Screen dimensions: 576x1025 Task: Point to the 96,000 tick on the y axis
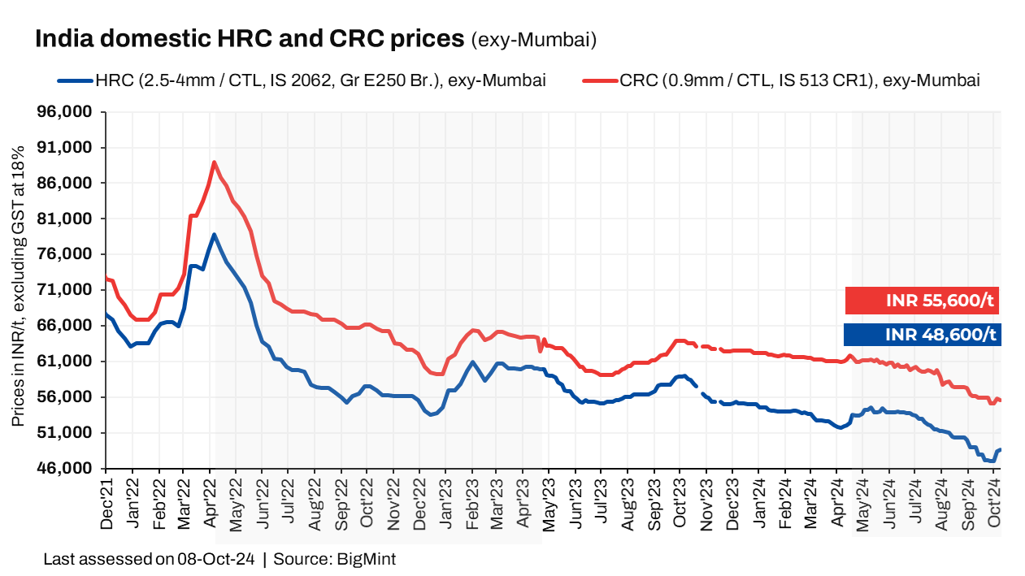coord(71,111)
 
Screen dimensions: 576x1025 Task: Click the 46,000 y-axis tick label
coord(71,469)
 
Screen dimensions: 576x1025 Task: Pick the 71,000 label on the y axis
coord(71,290)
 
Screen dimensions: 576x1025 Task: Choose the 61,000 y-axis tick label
coord(71,362)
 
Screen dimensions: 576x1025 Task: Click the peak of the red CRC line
coord(214,162)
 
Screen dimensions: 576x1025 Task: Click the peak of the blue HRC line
coord(214,235)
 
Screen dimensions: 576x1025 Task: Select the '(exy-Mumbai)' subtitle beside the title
coord(534,40)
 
